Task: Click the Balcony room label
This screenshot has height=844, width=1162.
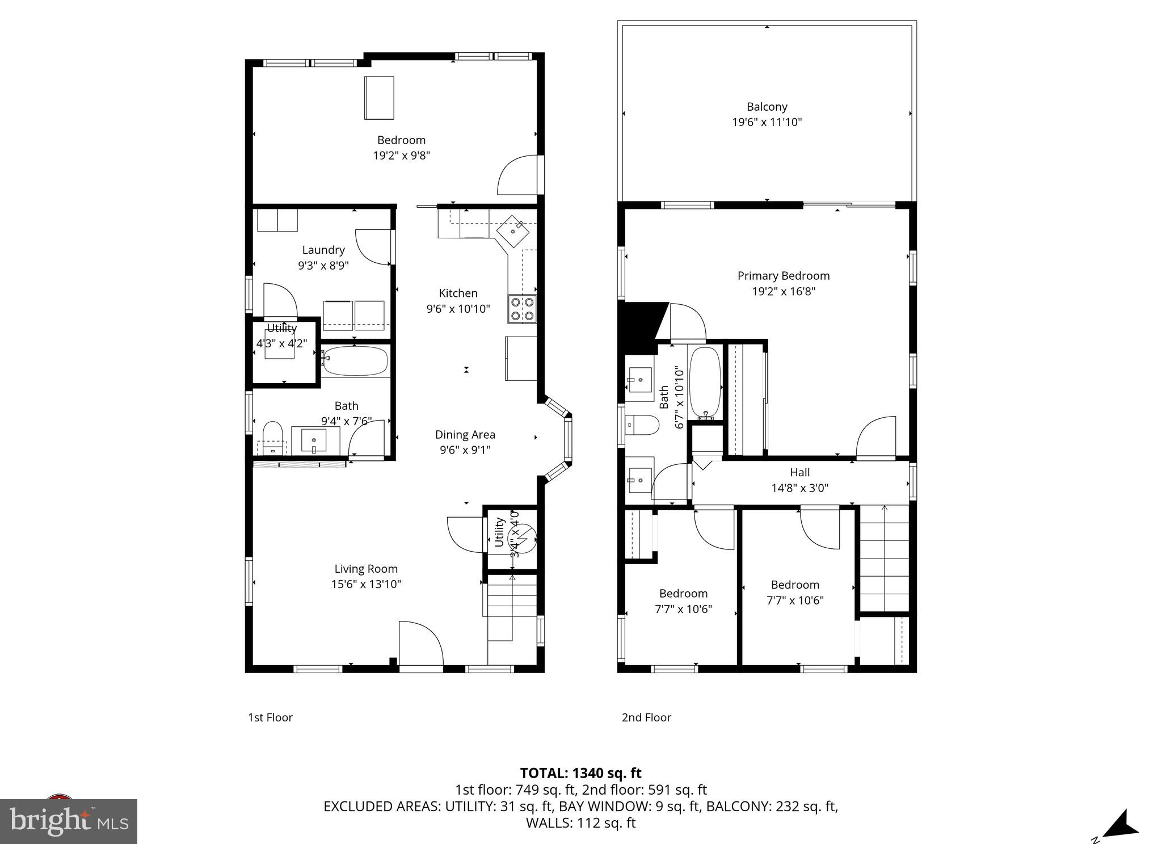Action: (767, 107)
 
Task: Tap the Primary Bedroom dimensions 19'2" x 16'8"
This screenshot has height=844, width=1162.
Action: (783, 291)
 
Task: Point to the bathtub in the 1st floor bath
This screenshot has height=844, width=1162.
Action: (355, 361)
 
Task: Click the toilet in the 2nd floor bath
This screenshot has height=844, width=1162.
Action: (642, 425)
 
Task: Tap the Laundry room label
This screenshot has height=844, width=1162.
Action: (323, 250)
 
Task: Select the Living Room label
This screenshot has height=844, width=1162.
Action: (366, 569)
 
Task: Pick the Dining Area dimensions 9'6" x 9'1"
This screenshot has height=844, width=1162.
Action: (465, 450)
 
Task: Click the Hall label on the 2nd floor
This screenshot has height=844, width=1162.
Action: (799, 472)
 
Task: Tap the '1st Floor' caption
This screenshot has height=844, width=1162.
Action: (270, 717)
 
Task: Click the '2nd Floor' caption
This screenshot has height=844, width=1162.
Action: (646, 717)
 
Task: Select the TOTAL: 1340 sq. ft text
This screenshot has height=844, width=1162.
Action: (580, 773)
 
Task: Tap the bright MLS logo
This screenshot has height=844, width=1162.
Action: (69, 821)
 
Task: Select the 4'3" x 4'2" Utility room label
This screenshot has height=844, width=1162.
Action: (281, 343)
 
